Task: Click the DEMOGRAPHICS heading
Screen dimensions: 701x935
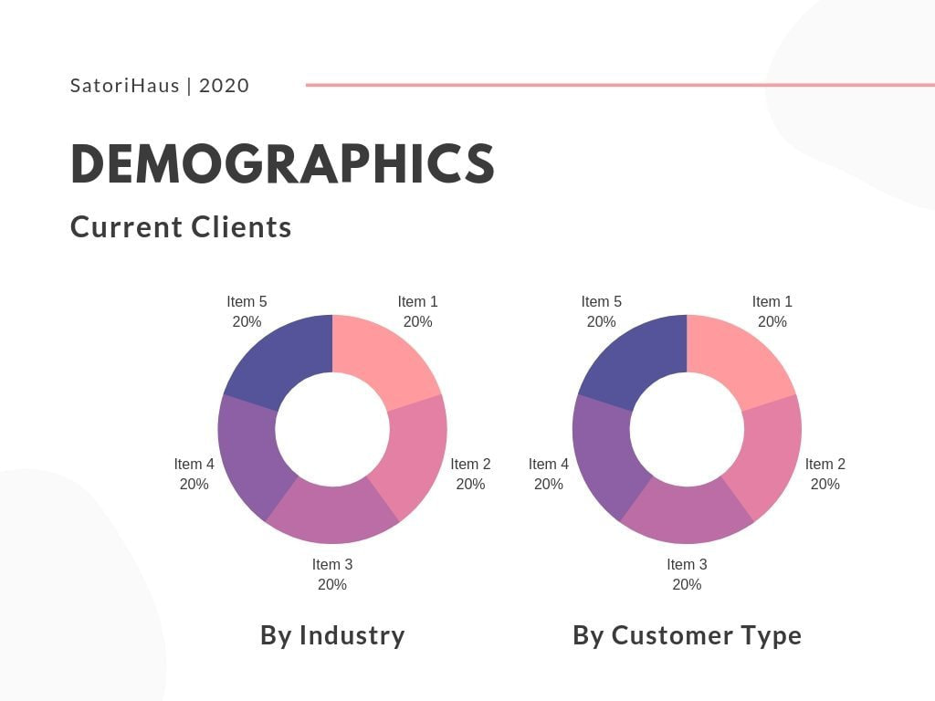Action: tap(282, 164)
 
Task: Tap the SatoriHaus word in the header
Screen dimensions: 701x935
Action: tap(124, 86)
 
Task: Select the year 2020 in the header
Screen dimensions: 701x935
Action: tap(224, 86)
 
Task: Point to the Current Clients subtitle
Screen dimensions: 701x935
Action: tap(181, 226)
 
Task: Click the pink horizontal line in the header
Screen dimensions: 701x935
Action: tap(621, 85)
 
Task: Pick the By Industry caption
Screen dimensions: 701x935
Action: tap(332, 635)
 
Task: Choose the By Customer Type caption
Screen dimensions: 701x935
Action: tap(687, 635)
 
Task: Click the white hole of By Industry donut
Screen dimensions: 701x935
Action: tap(332, 429)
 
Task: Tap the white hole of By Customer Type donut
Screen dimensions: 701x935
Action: tap(687, 429)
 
